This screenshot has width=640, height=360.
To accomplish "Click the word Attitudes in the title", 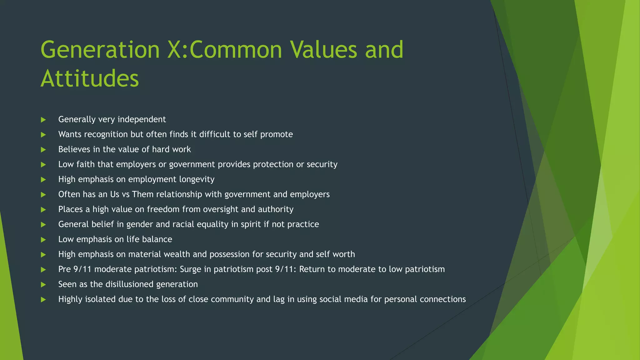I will [90, 78].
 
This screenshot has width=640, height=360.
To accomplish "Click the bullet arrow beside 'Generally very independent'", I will [43, 120].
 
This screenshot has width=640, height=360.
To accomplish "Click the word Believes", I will [74, 149].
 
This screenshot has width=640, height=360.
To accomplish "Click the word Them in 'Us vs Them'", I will [142, 194].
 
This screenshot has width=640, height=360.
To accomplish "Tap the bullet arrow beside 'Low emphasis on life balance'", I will [43, 240].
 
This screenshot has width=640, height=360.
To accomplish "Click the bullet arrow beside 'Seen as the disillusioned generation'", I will [43, 285].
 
